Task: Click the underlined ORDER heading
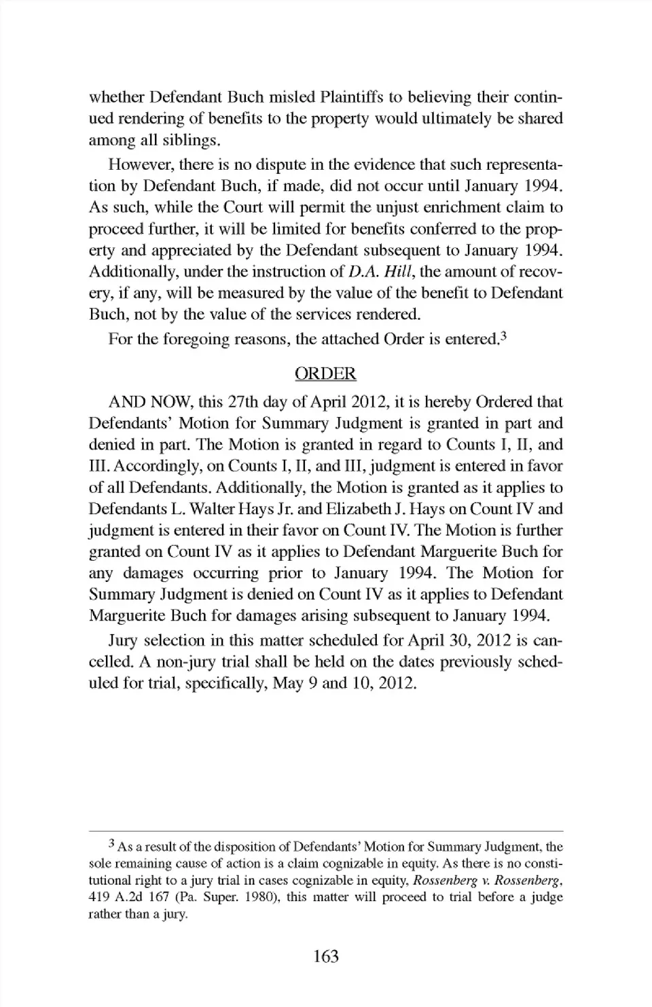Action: tap(325, 374)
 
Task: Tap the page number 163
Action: tap(326, 956)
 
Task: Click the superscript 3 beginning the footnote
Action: tap(112, 844)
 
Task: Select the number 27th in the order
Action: tap(242, 402)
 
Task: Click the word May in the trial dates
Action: tap(288, 683)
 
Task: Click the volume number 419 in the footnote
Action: tap(99, 897)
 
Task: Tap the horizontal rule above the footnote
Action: tap(326, 831)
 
